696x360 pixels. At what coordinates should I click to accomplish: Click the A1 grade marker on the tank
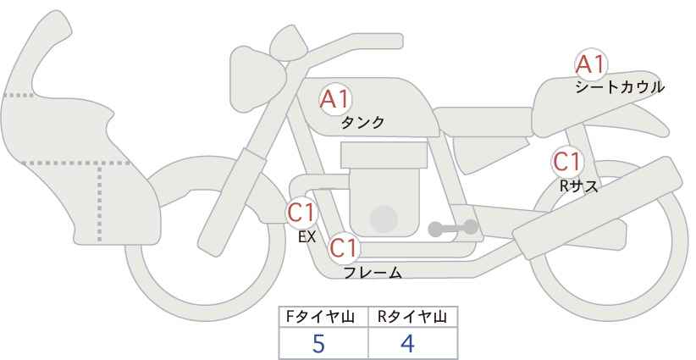[335, 100]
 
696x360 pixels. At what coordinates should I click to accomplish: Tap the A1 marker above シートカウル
[591, 64]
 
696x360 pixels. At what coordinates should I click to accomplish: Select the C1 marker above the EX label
[301, 213]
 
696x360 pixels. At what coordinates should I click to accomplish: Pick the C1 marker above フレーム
[344, 248]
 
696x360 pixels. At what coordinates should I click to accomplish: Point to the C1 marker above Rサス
[567, 162]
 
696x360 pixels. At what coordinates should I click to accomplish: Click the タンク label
[362, 123]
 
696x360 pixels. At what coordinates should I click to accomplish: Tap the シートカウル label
[620, 87]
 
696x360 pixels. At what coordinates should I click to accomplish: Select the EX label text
[307, 237]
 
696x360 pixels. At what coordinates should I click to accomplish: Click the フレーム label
[373, 273]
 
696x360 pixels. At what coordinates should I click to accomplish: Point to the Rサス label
[578, 186]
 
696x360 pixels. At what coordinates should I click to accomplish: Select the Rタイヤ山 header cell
[413, 318]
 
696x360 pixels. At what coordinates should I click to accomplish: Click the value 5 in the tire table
[318, 344]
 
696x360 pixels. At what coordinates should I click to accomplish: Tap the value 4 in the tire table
[407, 344]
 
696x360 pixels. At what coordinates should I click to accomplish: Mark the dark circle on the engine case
[384, 219]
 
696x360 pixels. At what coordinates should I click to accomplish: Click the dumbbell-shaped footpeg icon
[453, 228]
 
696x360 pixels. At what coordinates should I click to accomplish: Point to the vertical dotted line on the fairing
[99, 202]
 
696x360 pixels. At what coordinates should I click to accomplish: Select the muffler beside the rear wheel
[598, 208]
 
